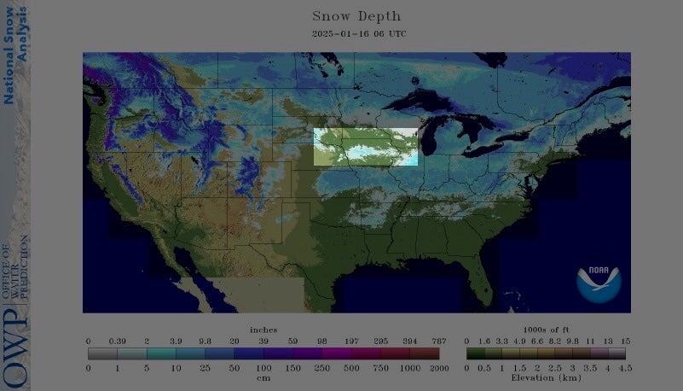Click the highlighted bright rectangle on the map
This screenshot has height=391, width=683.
coord(367,146)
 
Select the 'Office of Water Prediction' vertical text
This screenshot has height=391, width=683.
coord(15,269)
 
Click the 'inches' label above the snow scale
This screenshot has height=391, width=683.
coord(263,330)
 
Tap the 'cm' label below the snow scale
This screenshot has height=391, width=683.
coord(263,376)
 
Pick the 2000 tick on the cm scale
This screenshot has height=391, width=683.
coord(439,367)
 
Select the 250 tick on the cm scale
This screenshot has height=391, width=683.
coord(321,367)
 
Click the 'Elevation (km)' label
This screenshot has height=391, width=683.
coord(546,376)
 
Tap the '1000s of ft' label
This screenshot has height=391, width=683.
coord(546,330)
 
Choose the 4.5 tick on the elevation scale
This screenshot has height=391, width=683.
coord(625,367)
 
